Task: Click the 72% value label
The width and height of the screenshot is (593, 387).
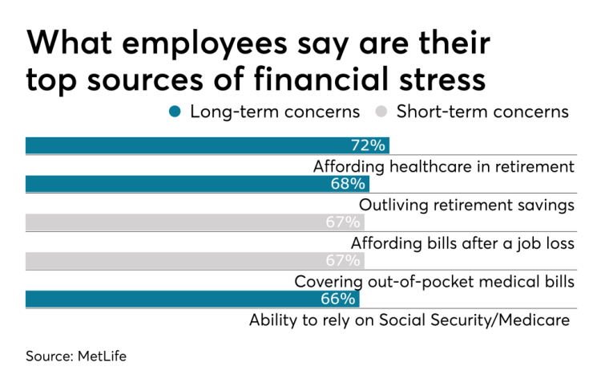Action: (x=369, y=145)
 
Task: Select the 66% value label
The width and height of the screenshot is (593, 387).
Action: (x=341, y=299)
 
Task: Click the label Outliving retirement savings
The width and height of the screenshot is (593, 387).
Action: (x=466, y=205)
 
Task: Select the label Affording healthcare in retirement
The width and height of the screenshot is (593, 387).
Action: (x=444, y=166)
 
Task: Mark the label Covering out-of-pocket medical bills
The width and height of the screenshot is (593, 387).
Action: (x=434, y=282)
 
